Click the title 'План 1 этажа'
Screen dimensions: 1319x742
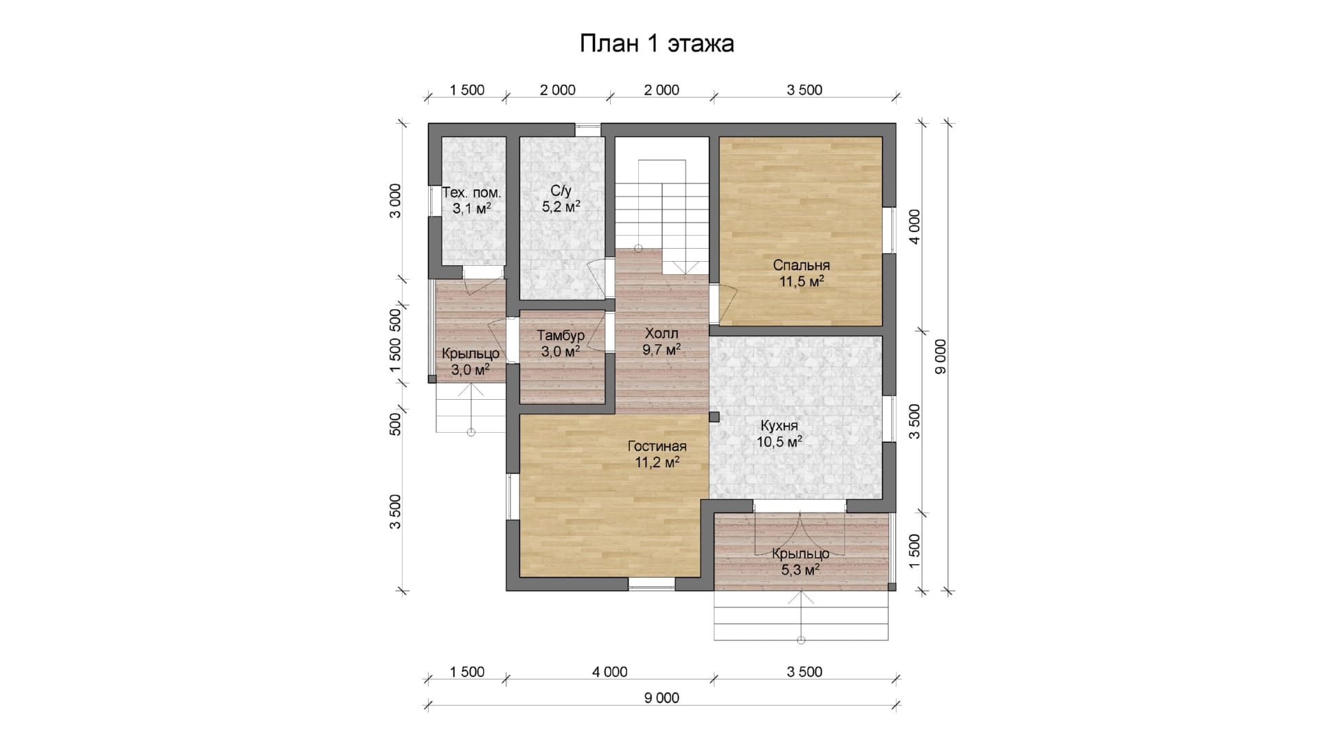657,43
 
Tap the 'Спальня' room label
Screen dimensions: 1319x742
801,265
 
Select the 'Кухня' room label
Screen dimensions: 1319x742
779,426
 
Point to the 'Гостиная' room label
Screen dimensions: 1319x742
657,447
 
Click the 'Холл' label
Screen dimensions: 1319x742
662,334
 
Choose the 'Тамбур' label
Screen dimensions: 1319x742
561,336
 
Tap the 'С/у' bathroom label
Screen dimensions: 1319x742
561,191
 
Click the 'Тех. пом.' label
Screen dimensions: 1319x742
471,192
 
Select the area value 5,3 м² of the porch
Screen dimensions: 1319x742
800,570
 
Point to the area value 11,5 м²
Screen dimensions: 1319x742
801,282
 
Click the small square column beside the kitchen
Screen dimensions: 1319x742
714,416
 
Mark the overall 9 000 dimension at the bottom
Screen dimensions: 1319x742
662,698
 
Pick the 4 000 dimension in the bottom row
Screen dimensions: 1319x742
609,672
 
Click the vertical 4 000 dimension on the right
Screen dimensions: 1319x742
914,227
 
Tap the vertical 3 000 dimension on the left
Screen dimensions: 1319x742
394,201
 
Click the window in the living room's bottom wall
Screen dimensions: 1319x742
652,584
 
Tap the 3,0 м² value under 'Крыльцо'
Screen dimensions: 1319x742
470,370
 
